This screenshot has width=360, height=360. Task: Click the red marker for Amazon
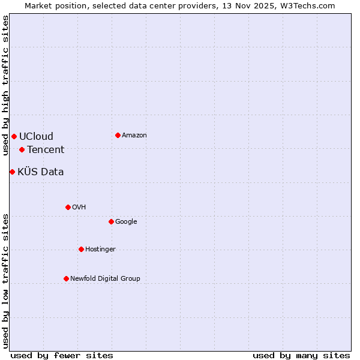coord(118,135)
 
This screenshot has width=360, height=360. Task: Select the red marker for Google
coord(111,221)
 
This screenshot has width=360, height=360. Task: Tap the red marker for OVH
coord(68,207)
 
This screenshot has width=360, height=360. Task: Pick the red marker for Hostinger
coord(81,249)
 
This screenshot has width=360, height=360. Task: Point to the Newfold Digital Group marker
coord(66,278)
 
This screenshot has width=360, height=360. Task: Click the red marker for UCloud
coord(14,136)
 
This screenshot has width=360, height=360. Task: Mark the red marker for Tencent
coord(22,149)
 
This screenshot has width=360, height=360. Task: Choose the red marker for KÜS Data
coord(12,172)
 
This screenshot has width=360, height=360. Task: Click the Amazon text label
coord(134,136)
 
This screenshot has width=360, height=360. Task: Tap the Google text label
coord(126,222)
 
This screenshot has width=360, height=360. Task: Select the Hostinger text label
coord(100,250)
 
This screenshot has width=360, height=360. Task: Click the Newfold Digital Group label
coord(105,279)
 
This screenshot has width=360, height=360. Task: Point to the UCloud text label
coord(36,137)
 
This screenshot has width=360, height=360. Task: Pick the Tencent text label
coord(46,150)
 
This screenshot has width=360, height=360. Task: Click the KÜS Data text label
coord(41,172)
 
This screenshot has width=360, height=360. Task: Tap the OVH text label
coord(79,208)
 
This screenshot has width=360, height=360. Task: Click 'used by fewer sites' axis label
coord(62,356)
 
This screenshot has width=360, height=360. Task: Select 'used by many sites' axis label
coord(301,356)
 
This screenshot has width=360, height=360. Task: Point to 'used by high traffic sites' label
coord(5,85)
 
